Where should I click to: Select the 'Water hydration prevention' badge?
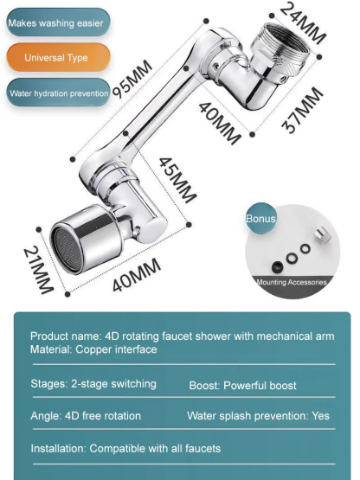[58, 93]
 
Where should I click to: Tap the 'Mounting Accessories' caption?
[292, 282]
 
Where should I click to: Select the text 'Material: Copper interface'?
[93, 349]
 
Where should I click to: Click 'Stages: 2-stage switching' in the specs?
[93, 384]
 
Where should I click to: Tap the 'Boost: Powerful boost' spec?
[242, 385]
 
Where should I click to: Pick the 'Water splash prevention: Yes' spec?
[258, 416]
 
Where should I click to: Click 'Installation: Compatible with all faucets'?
[125, 448]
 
